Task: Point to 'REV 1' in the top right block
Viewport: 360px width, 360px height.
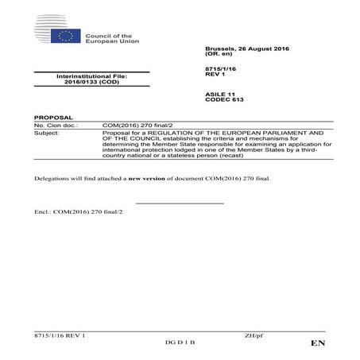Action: coord(214,76)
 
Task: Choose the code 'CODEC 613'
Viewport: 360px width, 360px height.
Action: coord(221,100)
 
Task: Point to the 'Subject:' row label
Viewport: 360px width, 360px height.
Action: coord(48,133)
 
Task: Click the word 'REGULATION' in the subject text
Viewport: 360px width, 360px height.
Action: coord(172,133)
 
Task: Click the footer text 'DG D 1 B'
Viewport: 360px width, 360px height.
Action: coord(180,342)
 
